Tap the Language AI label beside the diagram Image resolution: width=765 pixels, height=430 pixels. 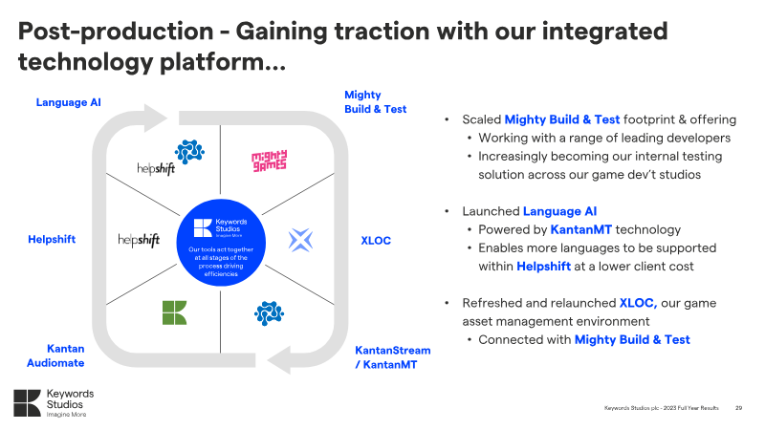click(68, 101)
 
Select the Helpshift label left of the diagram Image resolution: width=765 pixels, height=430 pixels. click(52, 239)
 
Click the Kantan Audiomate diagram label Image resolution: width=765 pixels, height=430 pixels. click(66, 355)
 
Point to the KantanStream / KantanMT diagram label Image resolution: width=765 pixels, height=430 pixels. click(393, 356)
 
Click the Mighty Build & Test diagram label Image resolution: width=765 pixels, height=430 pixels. click(375, 102)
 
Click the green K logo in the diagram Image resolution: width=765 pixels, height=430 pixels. click(174, 312)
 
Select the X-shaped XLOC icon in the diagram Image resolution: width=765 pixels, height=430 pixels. click(301, 239)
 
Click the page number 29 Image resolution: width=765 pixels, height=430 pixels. click(738, 408)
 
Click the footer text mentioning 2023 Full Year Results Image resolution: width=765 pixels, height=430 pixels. click(663, 408)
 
